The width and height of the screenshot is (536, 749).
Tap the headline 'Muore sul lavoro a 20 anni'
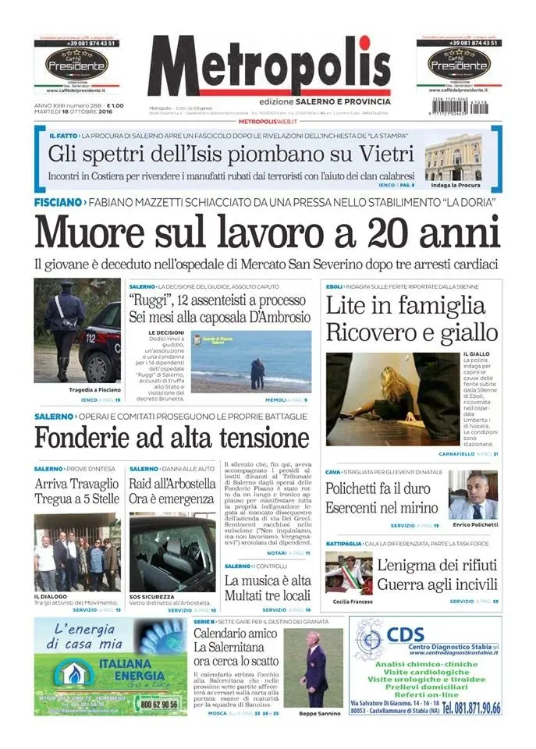[267, 231]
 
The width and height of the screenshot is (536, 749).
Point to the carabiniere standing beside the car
[63, 331]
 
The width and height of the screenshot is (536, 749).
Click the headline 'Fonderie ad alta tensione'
[172, 437]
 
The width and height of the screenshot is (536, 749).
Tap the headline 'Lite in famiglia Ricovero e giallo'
[411, 318]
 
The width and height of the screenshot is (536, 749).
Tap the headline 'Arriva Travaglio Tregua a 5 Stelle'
[76, 492]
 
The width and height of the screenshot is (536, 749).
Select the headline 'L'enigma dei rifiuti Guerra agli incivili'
[436, 574]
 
